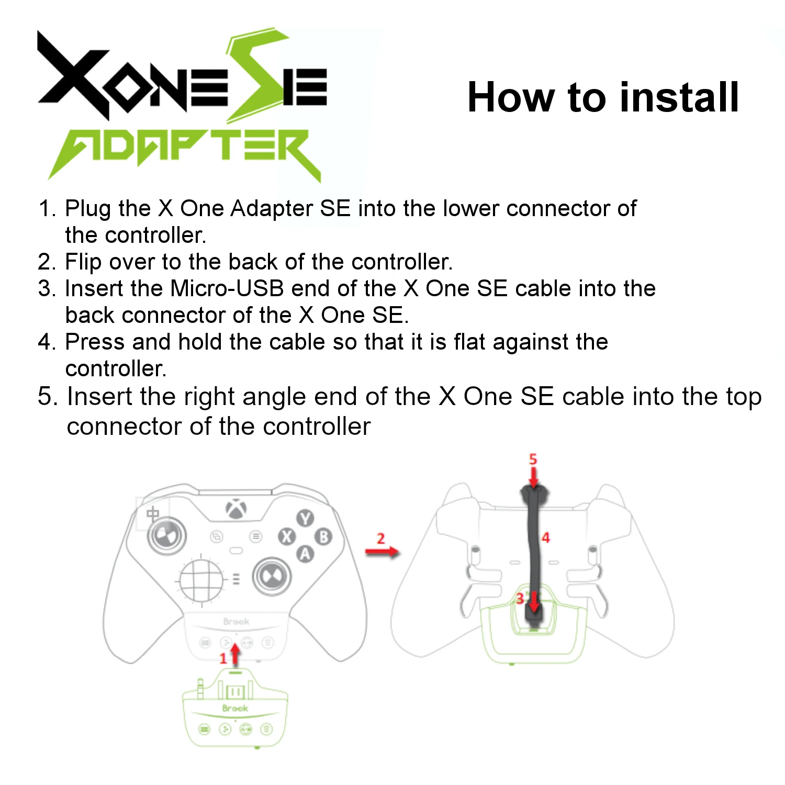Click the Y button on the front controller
pyautogui.click(x=305, y=519)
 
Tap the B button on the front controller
pyautogui.click(x=324, y=537)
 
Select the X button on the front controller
pyautogui.click(x=287, y=536)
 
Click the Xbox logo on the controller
pyautogui.click(x=237, y=509)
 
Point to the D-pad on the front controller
pyautogui.click(x=201, y=580)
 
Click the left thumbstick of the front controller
pyautogui.click(x=166, y=535)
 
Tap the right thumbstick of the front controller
pyautogui.click(x=272, y=577)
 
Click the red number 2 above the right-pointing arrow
pyautogui.click(x=380, y=539)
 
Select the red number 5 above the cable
pyautogui.click(x=533, y=459)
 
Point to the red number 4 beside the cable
pyautogui.click(x=546, y=537)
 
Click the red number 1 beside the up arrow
pyautogui.click(x=223, y=658)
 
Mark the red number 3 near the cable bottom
pyautogui.click(x=520, y=598)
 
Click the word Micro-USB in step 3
pyautogui.click(x=227, y=288)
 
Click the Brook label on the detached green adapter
pyautogui.click(x=235, y=708)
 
